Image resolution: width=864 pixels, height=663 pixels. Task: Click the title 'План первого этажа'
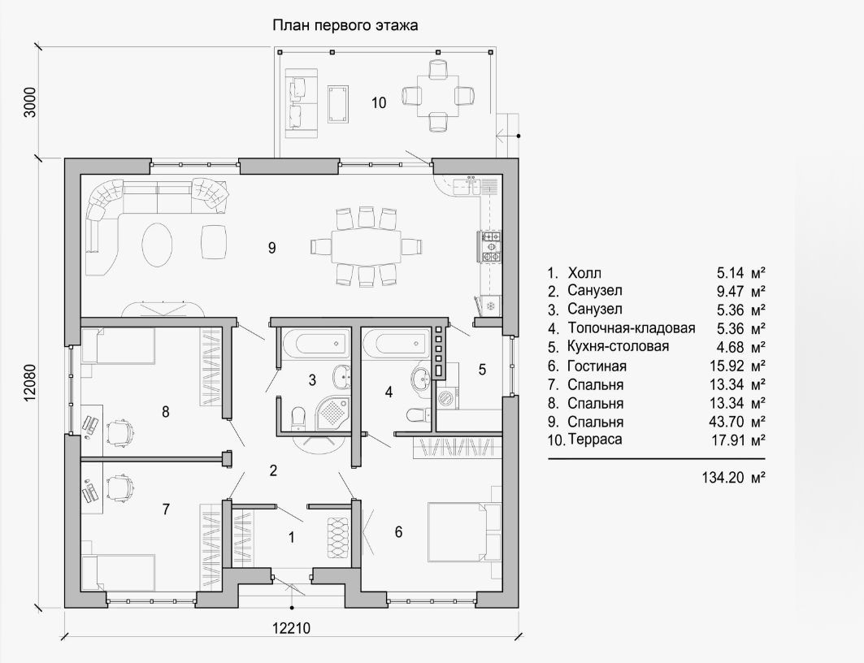pos(345,25)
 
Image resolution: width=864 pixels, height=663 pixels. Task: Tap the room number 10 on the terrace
pos(379,102)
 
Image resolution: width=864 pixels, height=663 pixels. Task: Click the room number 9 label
pos(271,248)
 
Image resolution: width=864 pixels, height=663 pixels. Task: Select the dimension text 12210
pos(292,628)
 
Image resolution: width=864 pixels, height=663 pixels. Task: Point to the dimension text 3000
pos(30,102)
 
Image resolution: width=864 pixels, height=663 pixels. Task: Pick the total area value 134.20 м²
pos(733,477)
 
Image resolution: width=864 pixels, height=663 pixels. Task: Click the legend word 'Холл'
pos(584,273)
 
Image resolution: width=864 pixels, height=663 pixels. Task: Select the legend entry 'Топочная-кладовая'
pos(632,328)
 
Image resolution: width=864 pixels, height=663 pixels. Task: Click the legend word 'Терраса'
pos(594,440)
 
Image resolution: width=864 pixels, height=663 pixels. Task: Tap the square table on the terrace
pos(437,96)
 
